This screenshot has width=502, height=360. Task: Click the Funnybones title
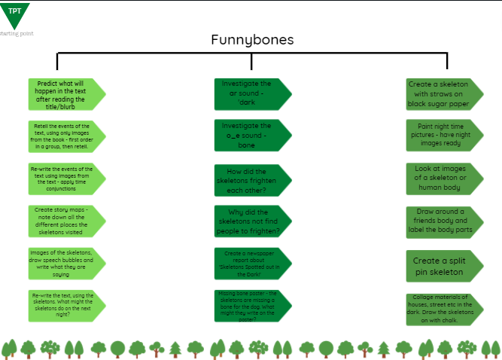click(x=252, y=40)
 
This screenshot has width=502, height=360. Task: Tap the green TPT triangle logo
click(x=15, y=14)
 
